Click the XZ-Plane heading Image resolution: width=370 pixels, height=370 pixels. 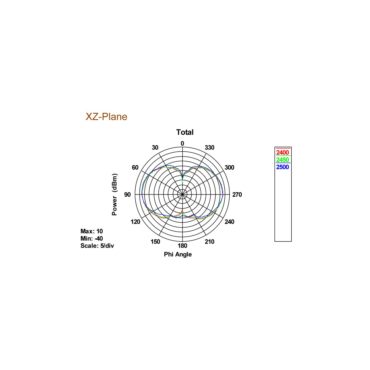point(106,117)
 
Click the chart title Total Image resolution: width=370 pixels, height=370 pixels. point(185,132)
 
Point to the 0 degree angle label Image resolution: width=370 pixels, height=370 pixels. point(182,143)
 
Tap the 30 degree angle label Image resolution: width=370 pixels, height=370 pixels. point(155,147)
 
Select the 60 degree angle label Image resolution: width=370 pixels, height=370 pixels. point(135,167)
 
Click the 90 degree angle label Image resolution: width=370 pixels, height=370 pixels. point(127,195)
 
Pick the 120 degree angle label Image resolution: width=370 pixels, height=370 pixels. point(135,222)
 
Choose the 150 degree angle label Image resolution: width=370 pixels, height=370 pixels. point(155,241)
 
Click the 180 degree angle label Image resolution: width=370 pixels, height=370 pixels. point(182,245)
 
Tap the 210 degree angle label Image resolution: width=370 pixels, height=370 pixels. point(209,241)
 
